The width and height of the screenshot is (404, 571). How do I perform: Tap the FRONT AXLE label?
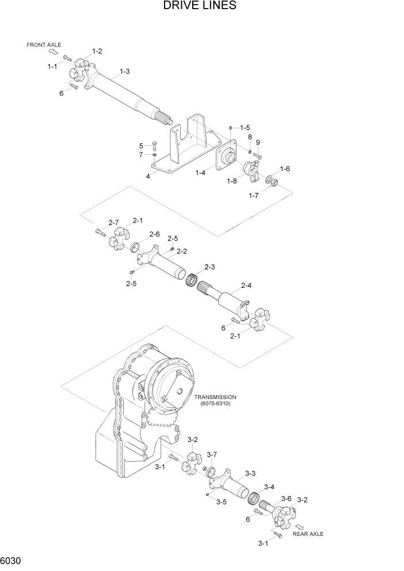(44, 45)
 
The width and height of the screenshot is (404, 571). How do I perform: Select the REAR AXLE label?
(308, 534)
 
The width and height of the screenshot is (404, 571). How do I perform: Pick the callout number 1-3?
(124, 71)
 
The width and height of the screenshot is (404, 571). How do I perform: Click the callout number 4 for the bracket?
(148, 176)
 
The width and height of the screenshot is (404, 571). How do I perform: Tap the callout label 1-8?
(232, 181)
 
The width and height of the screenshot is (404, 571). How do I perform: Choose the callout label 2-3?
(209, 267)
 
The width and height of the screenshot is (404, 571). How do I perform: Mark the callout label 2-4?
(246, 285)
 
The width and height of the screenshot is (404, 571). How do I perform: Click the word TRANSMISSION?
(215, 397)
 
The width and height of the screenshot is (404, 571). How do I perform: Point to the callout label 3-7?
(212, 455)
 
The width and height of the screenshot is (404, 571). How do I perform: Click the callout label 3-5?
(221, 502)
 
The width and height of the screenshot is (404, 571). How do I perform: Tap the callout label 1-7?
(254, 196)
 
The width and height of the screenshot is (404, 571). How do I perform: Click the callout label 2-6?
(154, 234)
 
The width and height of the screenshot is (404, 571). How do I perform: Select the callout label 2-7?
(113, 223)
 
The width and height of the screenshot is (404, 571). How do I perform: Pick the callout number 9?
(258, 142)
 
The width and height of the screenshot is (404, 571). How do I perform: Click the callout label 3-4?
(269, 487)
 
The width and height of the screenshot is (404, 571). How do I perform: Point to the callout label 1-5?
(245, 127)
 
